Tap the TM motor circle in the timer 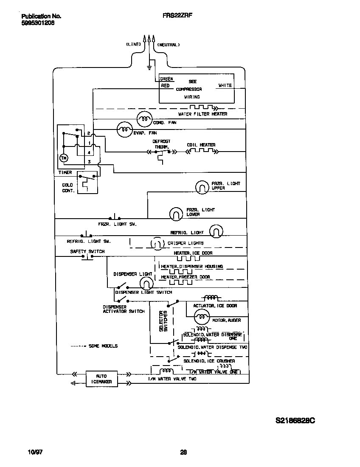tap(64, 158)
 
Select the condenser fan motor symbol tap(144, 120)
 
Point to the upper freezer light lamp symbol tap(202, 186)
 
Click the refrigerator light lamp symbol tap(216, 231)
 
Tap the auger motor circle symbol tap(201, 317)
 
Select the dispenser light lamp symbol tap(146, 283)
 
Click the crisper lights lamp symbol tap(156, 244)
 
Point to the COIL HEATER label tap(201, 145)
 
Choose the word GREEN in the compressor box tap(166, 79)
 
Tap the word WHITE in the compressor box tap(225, 85)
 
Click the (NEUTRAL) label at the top tap(169, 45)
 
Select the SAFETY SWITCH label tap(87, 251)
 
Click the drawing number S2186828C tap(295, 421)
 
